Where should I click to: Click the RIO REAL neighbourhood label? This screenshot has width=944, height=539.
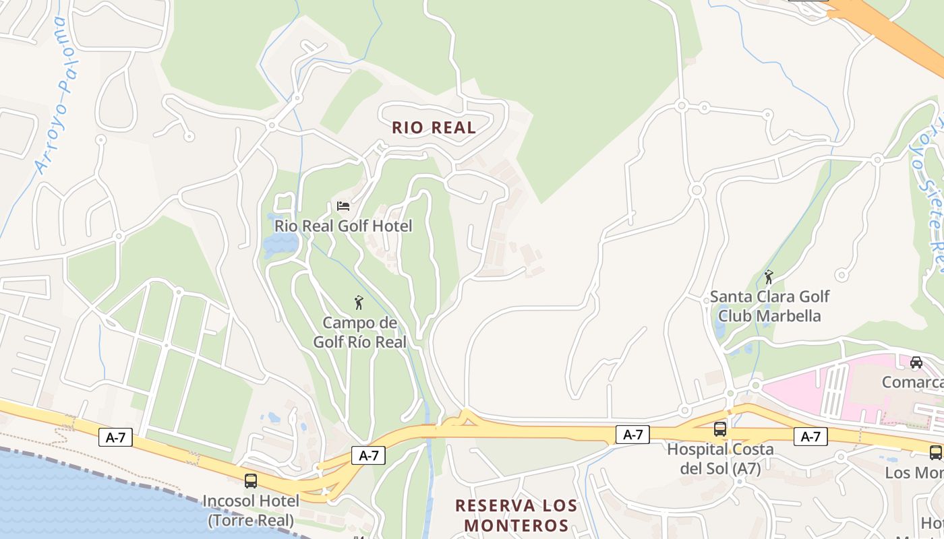(434, 127)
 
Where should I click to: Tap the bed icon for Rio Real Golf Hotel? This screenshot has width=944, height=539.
(343, 205)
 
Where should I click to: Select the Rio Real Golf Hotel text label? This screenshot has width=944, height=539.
(343, 226)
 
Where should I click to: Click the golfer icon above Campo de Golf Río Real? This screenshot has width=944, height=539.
(359, 303)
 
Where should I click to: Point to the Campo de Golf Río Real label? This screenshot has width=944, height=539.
(359, 332)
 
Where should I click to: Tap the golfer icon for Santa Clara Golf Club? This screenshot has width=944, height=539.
(769, 276)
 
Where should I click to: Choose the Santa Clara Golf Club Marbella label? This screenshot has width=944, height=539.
(769, 306)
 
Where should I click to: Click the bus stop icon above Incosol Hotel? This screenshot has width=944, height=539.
(251, 480)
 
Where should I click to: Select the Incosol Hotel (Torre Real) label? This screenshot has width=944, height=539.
(251, 510)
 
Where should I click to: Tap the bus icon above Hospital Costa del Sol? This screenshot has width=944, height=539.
(720, 429)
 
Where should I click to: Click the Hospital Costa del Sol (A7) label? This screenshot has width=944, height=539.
(720, 458)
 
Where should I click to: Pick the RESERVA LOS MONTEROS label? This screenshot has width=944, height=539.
(516, 515)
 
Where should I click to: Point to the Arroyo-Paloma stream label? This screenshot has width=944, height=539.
(53, 94)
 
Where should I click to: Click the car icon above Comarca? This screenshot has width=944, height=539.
(916, 362)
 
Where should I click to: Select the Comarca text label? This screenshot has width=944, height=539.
(913, 383)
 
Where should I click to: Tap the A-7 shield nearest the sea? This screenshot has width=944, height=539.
(115, 437)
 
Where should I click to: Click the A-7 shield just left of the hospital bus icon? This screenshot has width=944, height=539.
(632, 435)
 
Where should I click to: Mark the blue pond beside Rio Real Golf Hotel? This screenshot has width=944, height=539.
(279, 244)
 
